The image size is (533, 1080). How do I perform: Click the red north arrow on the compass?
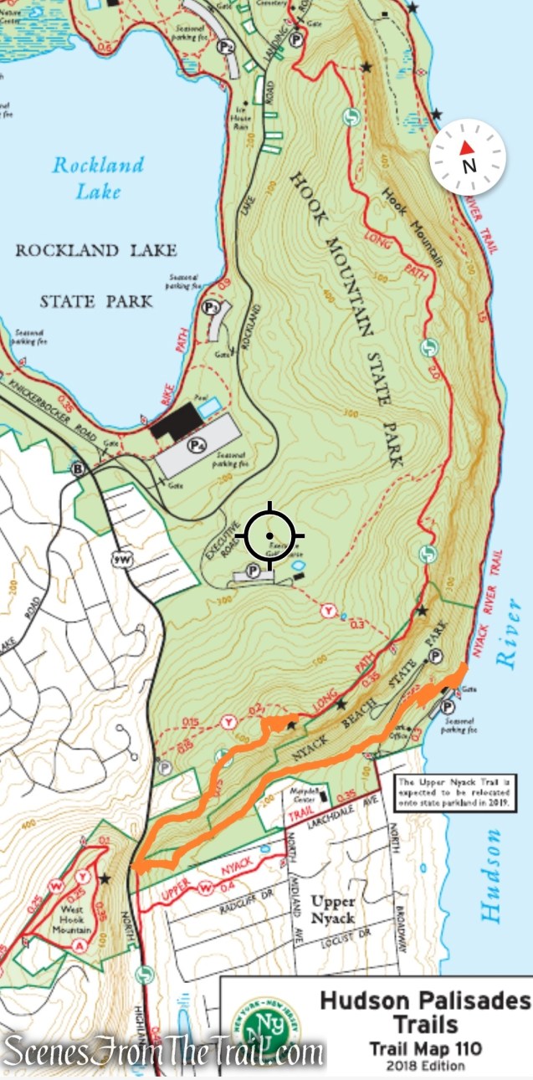(x=467, y=148)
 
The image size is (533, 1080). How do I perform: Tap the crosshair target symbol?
(x=269, y=535)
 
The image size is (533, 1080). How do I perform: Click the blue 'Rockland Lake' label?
(x=98, y=177)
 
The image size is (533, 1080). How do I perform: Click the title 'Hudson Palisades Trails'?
(x=425, y=1012)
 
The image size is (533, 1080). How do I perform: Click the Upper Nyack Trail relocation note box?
(x=454, y=790)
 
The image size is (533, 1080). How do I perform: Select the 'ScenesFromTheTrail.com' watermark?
(x=163, y=1052)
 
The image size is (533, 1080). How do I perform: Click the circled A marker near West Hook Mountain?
(x=79, y=945)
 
